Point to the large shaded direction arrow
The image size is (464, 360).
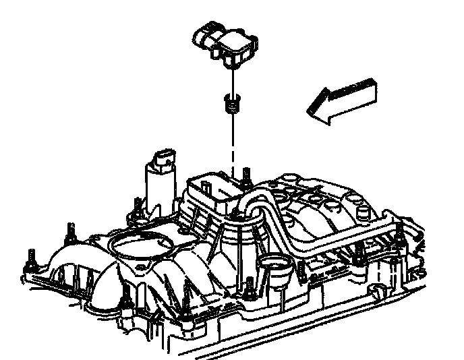pos(341,100)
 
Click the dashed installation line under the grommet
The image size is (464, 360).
pos(233,145)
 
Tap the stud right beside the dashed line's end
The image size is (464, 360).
pos(247,177)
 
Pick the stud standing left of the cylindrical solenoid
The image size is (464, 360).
pos(137,208)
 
